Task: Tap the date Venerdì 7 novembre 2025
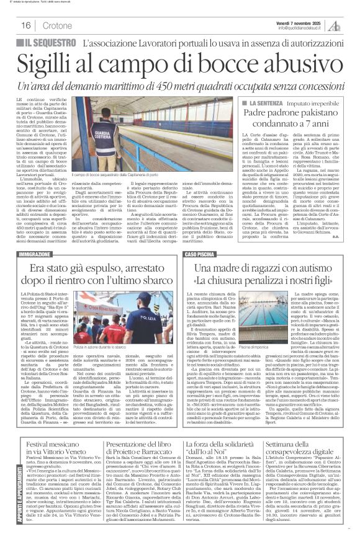click(296, 20)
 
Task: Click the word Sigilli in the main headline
click(52, 64)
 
